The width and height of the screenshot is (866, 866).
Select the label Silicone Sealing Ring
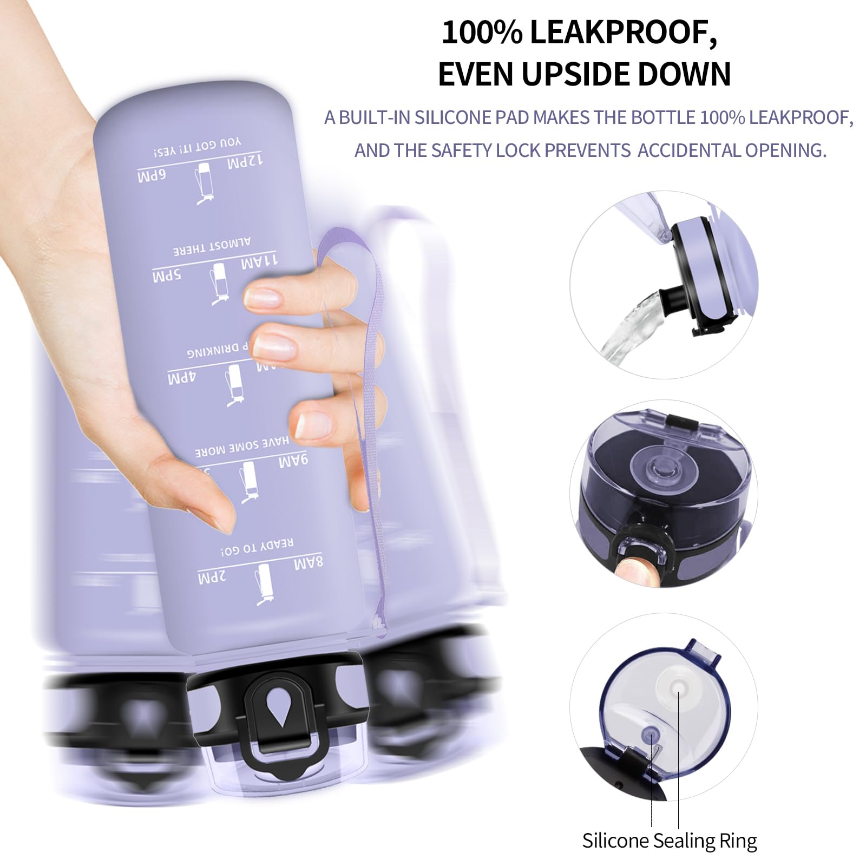point(670,841)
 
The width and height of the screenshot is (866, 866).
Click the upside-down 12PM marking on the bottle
point(245,161)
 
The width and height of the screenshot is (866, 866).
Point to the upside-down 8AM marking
point(309,563)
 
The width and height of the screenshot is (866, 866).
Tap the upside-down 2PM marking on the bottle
point(212,578)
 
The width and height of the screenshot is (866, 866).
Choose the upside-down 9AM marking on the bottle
point(293,462)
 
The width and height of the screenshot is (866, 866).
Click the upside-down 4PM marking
point(181,378)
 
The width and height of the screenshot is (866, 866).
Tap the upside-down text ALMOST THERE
point(212,247)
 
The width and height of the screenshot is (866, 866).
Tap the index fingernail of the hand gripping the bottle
point(262,296)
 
